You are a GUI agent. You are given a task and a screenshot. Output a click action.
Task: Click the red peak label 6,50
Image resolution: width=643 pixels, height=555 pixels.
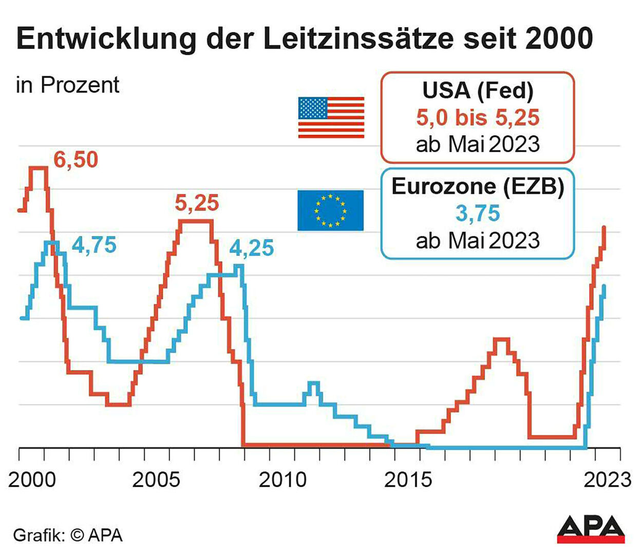coord(75,160)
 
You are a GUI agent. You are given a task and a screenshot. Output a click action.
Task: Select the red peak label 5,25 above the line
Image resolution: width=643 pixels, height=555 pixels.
coord(197,203)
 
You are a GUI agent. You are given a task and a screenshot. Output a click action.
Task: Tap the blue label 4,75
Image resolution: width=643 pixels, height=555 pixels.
coord(94,245)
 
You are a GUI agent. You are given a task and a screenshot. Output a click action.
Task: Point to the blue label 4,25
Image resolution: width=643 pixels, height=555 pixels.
coord(251,248)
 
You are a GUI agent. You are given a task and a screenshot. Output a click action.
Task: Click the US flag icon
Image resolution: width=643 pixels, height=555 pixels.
coord(331,117)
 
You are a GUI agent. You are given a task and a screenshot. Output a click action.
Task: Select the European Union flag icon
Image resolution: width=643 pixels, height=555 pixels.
coord(331,210)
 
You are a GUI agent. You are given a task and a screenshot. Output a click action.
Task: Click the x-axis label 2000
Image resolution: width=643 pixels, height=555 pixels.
coord(32,480)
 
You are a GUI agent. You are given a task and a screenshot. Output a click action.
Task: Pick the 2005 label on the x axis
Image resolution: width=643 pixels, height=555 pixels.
coord(156,480)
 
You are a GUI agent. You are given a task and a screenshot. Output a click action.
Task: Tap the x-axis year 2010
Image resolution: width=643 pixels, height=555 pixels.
coord(282,480)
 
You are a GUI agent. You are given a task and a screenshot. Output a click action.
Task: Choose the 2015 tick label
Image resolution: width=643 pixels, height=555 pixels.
coord(408,480)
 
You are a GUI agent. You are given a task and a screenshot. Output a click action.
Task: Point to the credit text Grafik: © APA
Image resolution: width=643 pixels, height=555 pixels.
coord(68,535)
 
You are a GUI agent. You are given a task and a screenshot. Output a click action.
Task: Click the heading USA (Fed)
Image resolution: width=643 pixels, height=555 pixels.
coord(478,90)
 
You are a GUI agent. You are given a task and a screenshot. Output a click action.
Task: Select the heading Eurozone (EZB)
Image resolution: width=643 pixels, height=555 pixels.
coord(478,186)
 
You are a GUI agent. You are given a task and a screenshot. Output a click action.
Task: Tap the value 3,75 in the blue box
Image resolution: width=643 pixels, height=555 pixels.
coord(478,213)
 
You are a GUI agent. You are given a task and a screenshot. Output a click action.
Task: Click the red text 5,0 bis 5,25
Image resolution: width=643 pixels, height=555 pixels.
coord(478,118)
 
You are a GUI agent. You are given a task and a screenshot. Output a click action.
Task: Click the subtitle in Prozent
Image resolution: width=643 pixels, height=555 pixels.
coord(68,85)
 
